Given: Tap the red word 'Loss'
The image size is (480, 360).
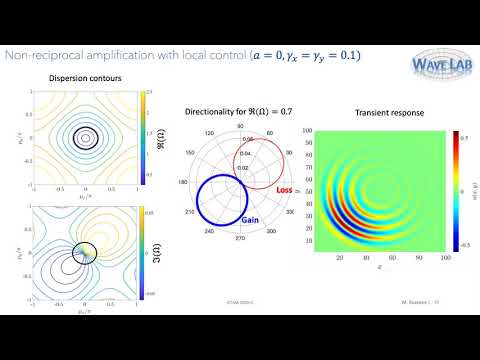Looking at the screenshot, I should (284, 188).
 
